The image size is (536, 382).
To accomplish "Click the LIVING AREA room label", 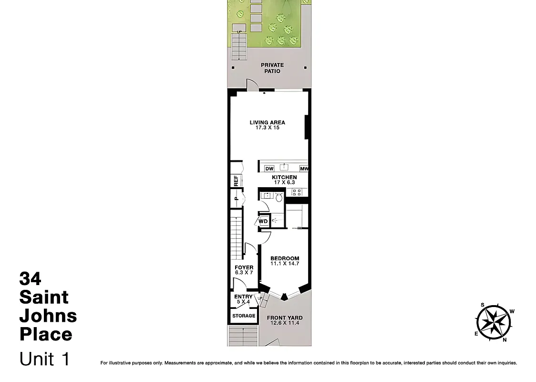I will (267, 123).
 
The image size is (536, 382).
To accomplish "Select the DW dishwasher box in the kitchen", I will (269, 169).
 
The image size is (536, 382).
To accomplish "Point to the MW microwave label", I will (304, 169).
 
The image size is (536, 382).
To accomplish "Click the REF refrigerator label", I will (236, 180).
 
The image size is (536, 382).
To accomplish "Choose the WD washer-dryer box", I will (263, 221).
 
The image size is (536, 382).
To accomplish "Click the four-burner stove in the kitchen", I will (297, 192).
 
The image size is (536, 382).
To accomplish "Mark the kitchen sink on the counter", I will (285, 167).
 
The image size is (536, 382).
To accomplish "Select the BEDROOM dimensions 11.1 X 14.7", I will (285, 264).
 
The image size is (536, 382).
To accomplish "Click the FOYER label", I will (244, 267).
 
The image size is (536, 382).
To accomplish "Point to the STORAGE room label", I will (244, 316).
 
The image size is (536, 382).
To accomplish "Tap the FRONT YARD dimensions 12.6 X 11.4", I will (285, 323).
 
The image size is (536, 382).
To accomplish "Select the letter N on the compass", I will (505, 340).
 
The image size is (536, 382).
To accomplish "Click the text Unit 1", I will (44, 359).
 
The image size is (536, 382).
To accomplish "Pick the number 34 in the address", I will (30, 278).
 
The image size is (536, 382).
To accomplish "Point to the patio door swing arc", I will (251, 85).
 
